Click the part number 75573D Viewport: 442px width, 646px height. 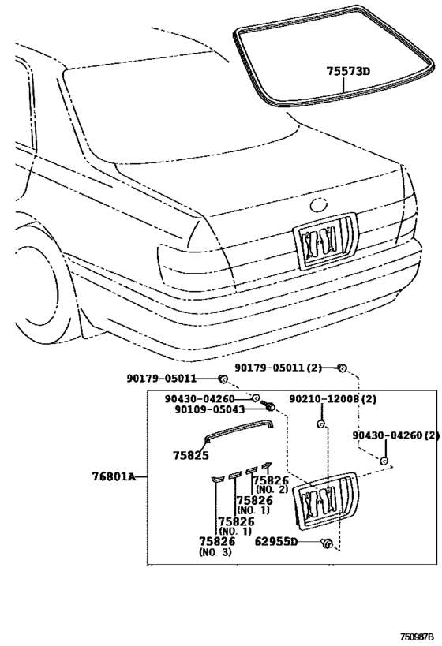(x=348, y=71)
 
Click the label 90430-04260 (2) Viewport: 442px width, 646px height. (x=395, y=435)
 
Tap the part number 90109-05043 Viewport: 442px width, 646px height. (x=209, y=409)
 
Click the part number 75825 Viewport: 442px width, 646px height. (x=190, y=455)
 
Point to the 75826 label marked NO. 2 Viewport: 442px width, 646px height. (x=273, y=482)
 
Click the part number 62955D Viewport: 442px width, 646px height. (x=276, y=542)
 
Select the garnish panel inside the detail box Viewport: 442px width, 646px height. (x=324, y=500)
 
